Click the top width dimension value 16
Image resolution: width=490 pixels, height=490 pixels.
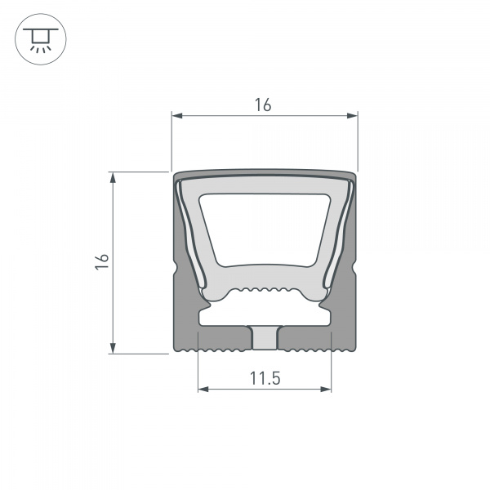(x=262, y=105)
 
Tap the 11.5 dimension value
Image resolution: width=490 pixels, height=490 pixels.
(x=265, y=378)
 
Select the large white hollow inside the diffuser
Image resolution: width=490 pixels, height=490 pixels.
(x=264, y=229)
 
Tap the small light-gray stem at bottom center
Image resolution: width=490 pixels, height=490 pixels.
(x=264, y=336)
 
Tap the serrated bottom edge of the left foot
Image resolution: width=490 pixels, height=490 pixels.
(x=212, y=351)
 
